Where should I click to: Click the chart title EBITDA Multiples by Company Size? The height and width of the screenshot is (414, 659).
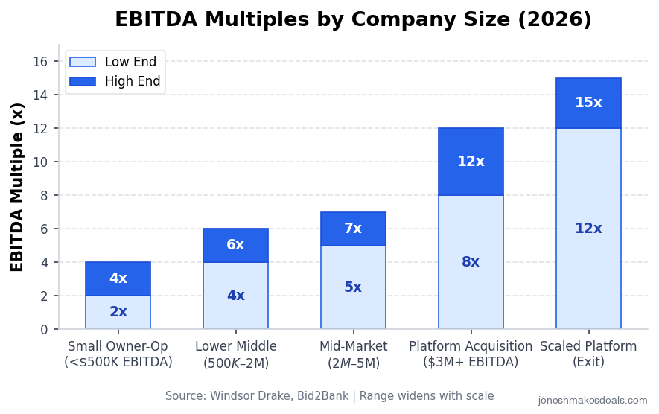[353, 20]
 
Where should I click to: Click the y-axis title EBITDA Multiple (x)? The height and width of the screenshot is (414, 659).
[18, 187]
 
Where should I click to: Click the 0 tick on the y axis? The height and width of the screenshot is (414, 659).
[44, 329]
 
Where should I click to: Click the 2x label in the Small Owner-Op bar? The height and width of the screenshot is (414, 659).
[118, 312]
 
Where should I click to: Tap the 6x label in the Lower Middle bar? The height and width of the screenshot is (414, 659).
[235, 245]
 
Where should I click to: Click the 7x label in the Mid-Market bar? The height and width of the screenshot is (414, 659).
[353, 229]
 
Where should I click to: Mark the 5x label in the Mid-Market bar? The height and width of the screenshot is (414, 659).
[353, 287]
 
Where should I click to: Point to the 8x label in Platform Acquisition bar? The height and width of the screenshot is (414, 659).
[471, 262]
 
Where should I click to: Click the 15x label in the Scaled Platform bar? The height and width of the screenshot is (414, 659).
[588, 103]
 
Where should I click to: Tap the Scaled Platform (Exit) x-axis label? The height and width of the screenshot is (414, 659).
[588, 354]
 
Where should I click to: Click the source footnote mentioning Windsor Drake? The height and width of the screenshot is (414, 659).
[329, 396]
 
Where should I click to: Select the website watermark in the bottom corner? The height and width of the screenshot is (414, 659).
[593, 401]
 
